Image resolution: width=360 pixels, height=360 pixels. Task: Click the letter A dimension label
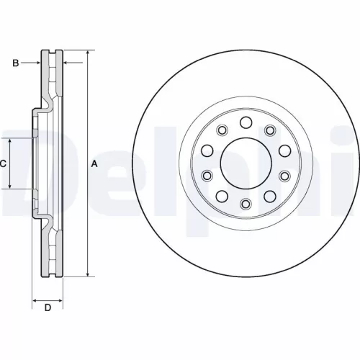(x=94, y=164)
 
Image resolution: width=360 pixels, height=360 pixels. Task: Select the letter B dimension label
(x=15, y=63)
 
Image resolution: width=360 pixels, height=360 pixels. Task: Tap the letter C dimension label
(x=3, y=164)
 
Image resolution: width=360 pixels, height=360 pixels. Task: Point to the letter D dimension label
(x=48, y=309)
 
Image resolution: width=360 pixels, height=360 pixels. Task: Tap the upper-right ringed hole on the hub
(x=271, y=130)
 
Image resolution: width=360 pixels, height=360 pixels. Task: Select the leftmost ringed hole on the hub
(x=207, y=176)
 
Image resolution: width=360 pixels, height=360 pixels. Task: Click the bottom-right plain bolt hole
(x=270, y=197)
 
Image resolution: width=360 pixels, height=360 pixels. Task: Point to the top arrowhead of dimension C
(x=11, y=140)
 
